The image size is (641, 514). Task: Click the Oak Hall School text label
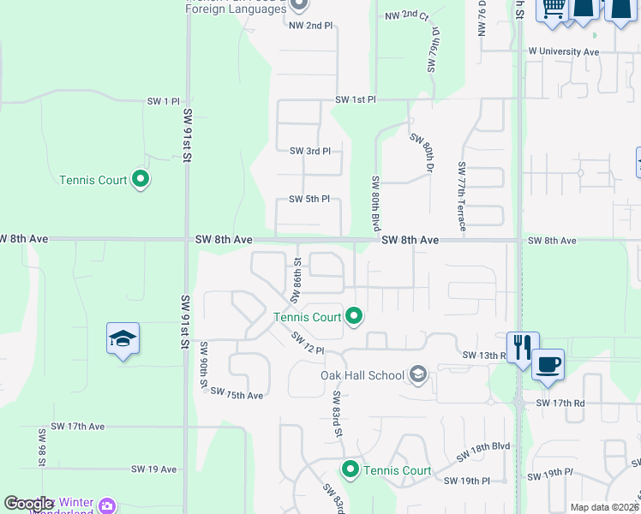pyautogui.click(x=362, y=375)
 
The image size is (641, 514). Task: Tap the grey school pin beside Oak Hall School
pyautogui.click(x=418, y=374)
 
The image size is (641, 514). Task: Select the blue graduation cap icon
pyautogui.click(x=123, y=339)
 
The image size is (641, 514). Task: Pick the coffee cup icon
pyautogui.click(x=548, y=364)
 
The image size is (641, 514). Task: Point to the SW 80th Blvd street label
pyautogui.click(x=375, y=203)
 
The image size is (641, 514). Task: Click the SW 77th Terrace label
pyautogui.click(x=463, y=196)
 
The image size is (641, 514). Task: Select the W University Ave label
pyautogui.click(x=563, y=51)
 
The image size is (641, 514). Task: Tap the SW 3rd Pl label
pyautogui.click(x=309, y=152)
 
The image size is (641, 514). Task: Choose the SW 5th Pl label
pyautogui.click(x=309, y=200)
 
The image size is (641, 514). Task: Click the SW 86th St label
pyautogui.click(x=296, y=281)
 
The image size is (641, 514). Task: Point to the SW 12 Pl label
pyautogui.click(x=307, y=343)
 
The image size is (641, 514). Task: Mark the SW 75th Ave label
pyautogui.click(x=236, y=396)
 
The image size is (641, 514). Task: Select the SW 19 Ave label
pyautogui.click(x=153, y=469)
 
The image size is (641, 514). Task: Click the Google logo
pyautogui.click(x=28, y=504)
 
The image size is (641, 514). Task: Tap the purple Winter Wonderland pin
pyautogui.click(x=106, y=505)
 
